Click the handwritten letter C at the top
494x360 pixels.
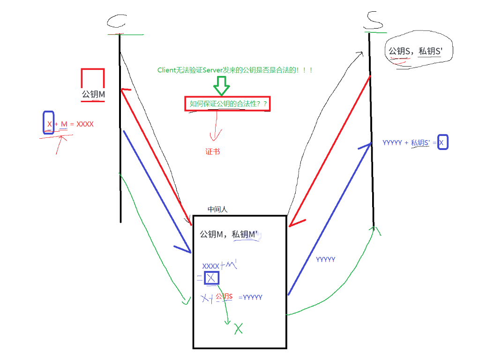coord(118,21)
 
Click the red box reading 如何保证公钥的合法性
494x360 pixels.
coord(228,104)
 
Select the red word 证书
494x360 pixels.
coord(212,151)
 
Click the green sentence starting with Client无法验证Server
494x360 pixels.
coord(235,70)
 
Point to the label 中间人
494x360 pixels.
coord(217,210)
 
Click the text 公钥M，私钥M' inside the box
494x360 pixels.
coord(229,234)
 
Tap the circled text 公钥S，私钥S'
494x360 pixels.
coord(415,52)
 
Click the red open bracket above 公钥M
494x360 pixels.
coord(92,78)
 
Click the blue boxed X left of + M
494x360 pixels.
coord(49,123)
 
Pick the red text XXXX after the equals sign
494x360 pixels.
coord(85,124)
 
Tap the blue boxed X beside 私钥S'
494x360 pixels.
coord(442,142)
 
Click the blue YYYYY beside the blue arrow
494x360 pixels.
coord(325,259)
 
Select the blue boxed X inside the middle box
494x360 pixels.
coord(211,278)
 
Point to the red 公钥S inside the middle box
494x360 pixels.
coord(224,296)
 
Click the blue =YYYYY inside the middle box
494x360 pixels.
coord(250,297)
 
